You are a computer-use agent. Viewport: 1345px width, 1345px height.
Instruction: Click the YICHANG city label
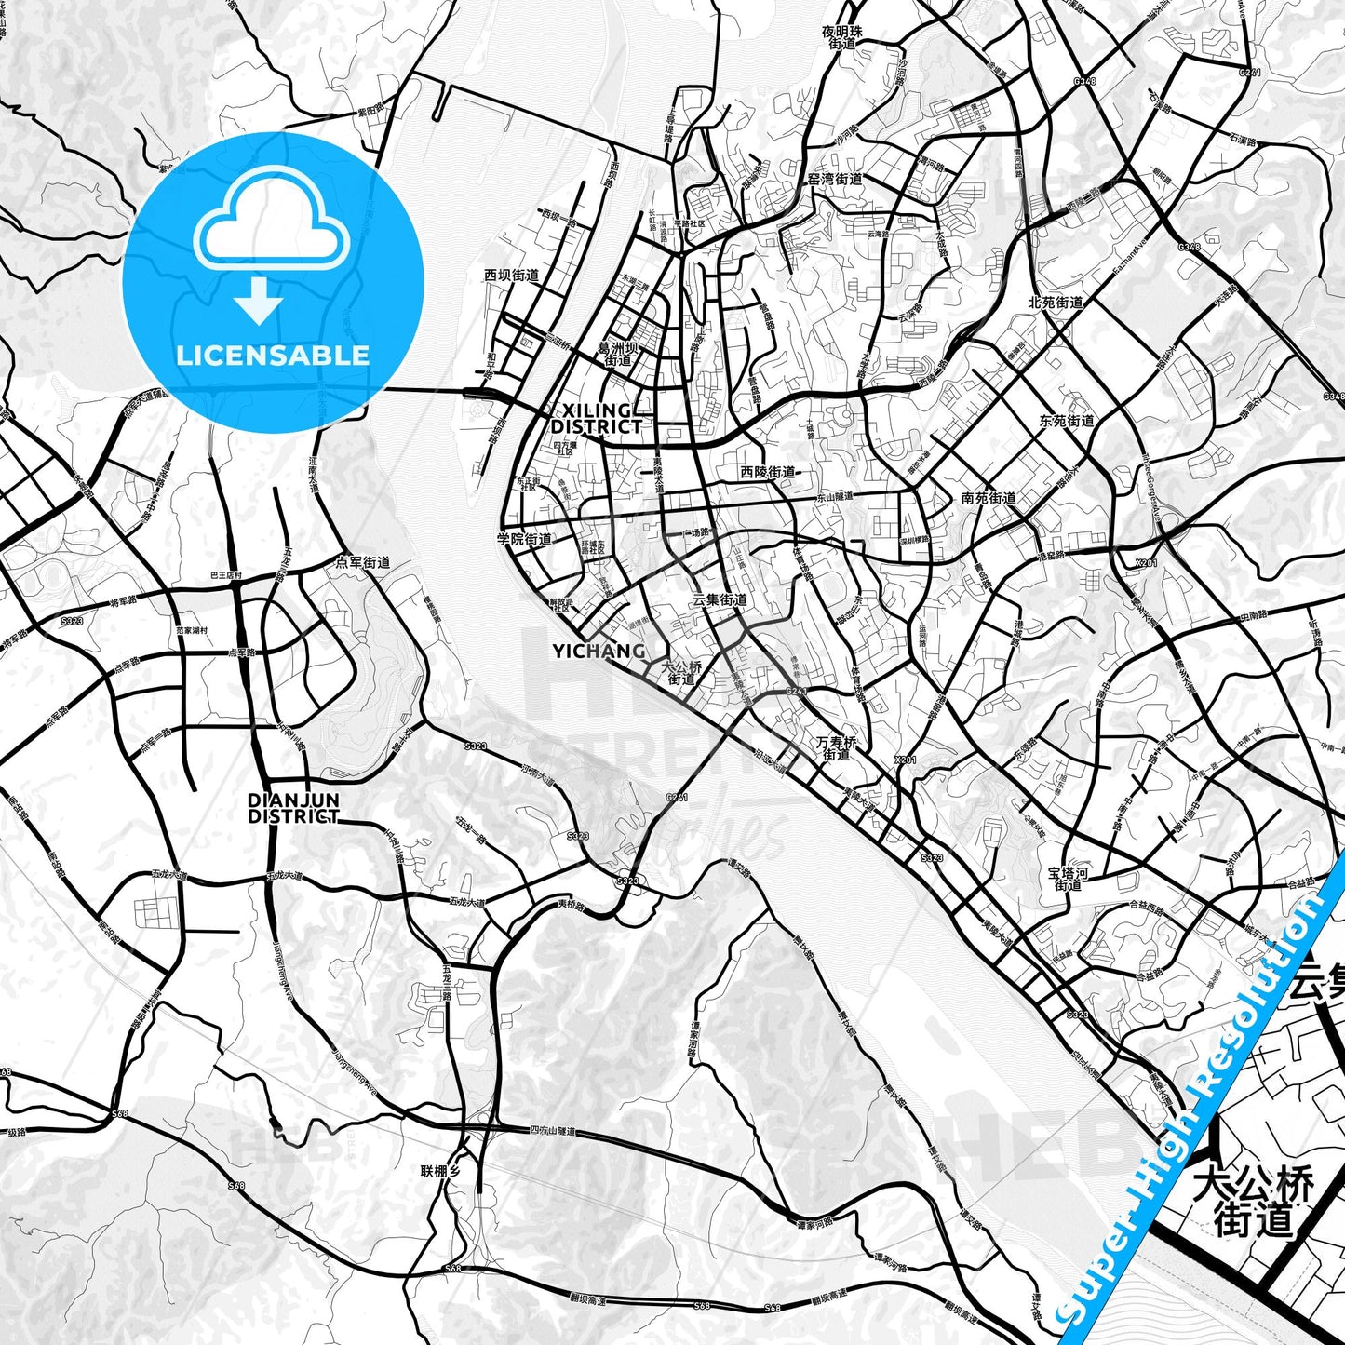click(x=599, y=652)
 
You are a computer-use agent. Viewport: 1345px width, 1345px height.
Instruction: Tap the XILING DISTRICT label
click(x=596, y=419)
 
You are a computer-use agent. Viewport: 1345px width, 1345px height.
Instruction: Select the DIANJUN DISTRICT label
click(x=293, y=808)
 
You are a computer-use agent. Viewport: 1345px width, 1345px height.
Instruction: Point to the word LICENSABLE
click(x=273, y=356)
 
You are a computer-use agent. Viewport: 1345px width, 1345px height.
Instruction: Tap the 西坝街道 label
click(x=511, y=276)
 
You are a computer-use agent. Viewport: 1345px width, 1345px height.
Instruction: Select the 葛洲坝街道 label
click(x=617, y=354)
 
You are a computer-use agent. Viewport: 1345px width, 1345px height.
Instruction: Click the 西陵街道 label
click(x=768, y=473)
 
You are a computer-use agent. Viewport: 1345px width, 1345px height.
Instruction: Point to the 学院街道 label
click(x=524, y=539)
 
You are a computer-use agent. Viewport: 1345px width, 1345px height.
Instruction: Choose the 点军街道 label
click(x=363, y=563)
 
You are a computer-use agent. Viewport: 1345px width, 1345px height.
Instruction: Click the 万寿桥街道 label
click(x=836, y=748)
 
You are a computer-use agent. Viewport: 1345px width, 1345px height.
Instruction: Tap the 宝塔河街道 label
click(x=1068, y=879)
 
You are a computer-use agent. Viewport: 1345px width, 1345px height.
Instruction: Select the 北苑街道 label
click(x=1056, y=303)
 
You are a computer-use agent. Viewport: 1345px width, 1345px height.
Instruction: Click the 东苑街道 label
click(x=1067, y=422)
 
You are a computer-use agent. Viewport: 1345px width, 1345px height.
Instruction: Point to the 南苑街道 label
click(x=989, y=499)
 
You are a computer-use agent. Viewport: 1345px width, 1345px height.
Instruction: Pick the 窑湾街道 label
click(x=834, y=179)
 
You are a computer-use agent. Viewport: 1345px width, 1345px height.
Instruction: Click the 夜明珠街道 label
click(x=841, y=37)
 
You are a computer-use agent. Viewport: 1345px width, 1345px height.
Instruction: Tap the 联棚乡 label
click(x=440, y=1171)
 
